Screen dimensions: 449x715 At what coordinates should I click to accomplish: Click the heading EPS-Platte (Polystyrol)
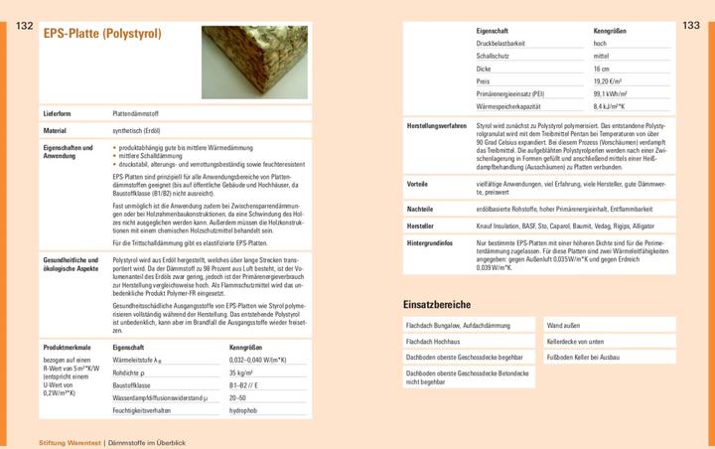[x=102, y=34]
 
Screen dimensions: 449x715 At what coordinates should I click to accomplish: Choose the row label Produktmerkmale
[x=66, y=347]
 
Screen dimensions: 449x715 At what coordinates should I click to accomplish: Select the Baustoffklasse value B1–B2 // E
[x=246, y=383]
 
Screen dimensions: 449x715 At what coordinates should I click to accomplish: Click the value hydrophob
[x=243, y=409]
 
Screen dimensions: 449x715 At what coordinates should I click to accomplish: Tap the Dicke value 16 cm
[x=602, y=69]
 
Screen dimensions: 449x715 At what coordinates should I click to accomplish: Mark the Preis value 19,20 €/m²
[x=608, y=80]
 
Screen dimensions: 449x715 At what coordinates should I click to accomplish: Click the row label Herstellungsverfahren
[x=437, y=126]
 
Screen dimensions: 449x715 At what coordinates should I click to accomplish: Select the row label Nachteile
[x=419, y=210]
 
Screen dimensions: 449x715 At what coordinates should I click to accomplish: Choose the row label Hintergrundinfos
[x=430, y=242]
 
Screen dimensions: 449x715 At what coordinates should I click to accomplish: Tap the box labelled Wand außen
[x=563, y=325]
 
